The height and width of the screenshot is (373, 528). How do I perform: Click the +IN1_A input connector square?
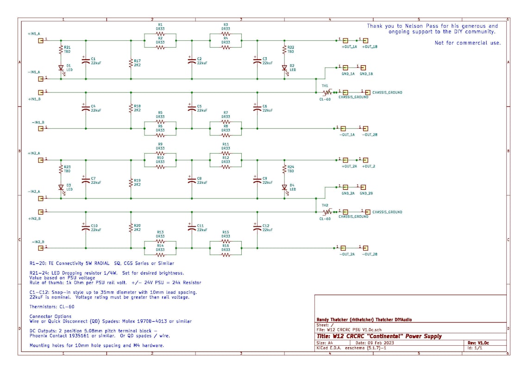[x=41, y=40]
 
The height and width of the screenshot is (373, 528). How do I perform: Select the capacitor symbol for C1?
[x=85, y=61]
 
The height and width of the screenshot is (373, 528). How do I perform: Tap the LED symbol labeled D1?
[x=60, y=68]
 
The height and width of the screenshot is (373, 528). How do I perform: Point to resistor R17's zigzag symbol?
[x=131, y=62]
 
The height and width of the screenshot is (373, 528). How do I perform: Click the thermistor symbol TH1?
[x=327, y=93]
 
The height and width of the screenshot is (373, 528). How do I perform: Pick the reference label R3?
[x=226, y=25]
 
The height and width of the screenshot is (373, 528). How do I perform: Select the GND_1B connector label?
[x=366, y=74]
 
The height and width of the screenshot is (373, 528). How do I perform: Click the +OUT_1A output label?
[x=349, y=47]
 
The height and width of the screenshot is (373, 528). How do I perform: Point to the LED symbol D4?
[x=285, y=187]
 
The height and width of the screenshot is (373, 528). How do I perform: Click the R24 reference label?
[x=291, y=167]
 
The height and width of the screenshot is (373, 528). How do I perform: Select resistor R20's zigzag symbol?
[x=131, y=228]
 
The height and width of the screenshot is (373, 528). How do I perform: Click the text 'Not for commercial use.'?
[x=467, y=43]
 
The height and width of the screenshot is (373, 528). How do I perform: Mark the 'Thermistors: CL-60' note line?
[x=52, y=306]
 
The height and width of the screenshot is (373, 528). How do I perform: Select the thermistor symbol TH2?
[x=327, y=212]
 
